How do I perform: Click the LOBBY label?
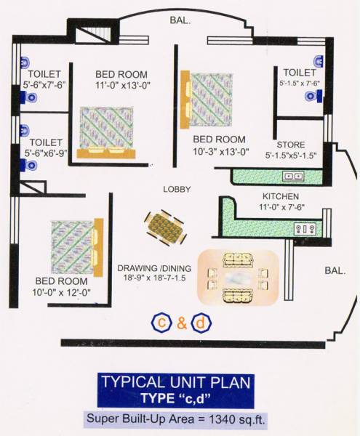pos(177,189)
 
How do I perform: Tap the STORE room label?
pos(290,145)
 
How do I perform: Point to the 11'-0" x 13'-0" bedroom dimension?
pos(121,85)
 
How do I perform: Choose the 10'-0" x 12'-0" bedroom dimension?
pos(63,292)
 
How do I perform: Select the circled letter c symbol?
pos(160,322)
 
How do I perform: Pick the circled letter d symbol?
pos(204,322)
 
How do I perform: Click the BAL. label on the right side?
pos(335,270)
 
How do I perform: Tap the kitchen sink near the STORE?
pos(293,176)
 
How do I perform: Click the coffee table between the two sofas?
pos(238,276)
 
